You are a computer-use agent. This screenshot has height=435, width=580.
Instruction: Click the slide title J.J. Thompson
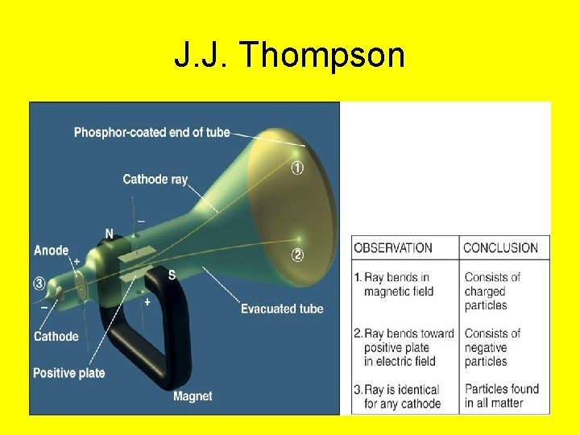(x=289, y=56)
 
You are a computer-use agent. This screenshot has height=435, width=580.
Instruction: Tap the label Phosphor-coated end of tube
(x=151, y=132)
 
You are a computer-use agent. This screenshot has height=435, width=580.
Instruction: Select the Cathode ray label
(x=155, y=179)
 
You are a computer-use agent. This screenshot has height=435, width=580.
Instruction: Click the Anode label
(x=51, y=251)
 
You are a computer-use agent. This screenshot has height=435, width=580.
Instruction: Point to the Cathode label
(x=56, y=336)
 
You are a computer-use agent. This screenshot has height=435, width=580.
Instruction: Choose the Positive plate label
(x=68, y=373)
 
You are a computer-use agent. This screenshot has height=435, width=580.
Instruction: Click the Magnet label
(x=193, y=396)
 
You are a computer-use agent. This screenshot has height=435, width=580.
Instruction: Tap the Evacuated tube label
(x=282, y=309)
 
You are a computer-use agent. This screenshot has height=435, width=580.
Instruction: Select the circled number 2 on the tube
(x=297, y=256)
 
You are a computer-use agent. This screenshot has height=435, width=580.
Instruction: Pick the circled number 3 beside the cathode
(x=39, y=283)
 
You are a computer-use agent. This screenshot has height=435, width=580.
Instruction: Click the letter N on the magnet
(x=109, y=234)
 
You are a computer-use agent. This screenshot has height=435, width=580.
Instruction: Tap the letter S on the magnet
(x=172, y=274)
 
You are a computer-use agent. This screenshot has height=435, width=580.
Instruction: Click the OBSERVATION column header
(x=393, y=248)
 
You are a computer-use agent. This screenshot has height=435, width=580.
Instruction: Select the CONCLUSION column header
(x=501, y=248)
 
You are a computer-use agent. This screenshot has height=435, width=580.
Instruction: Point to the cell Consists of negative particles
(x=492, y=347)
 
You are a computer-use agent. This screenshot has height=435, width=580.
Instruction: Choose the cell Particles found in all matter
(x=494, y=396)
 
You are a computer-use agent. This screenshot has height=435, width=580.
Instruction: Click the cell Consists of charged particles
(x=492, y=291)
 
